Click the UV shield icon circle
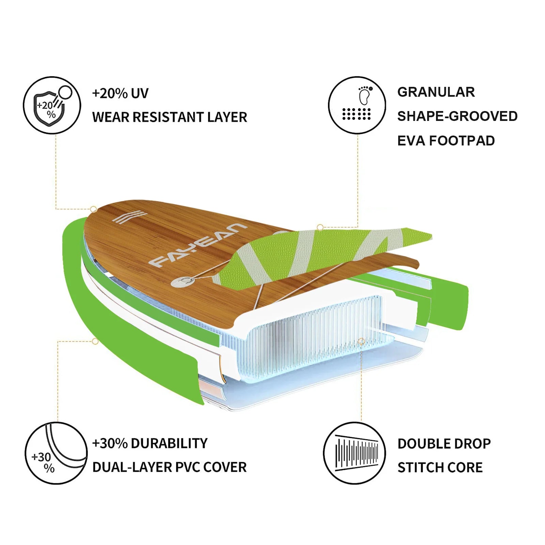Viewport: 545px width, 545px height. point(52,105)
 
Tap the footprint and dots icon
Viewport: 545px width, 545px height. point(357,105)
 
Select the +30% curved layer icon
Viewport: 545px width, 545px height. point(56,453)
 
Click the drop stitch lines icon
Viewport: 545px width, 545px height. point(354,453)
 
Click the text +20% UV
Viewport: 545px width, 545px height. point(120,93)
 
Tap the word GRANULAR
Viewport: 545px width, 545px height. point(436,92)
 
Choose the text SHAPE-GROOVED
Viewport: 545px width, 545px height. point(457,116)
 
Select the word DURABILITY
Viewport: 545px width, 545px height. point(169,443)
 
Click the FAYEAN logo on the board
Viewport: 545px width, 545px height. point(198,245)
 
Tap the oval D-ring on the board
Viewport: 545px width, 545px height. point(183,281)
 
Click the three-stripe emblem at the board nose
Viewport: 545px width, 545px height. point(129,217)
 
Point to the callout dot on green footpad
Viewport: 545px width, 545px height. point(320,227)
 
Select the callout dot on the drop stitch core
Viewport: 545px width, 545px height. point(361,341)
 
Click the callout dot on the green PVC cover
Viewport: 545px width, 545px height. point(95,341)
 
